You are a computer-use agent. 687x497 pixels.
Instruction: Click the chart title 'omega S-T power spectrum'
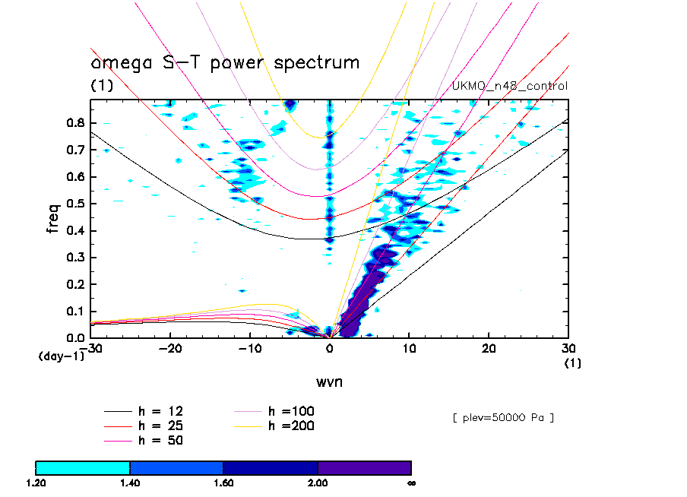tap(225, 63)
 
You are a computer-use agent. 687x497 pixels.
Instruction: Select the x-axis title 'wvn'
tap(329, 381)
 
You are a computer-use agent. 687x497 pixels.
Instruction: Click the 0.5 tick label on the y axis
tap(74, 203)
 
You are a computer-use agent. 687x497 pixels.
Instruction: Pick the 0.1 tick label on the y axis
tap(74, 311)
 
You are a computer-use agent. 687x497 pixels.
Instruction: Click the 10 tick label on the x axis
tap(409, 349)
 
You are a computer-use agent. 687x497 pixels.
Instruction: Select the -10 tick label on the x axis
tap(249, 349)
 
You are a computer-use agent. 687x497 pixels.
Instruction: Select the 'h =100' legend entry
tap(292, 411)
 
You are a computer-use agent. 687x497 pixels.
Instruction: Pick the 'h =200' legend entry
tap(292, 426)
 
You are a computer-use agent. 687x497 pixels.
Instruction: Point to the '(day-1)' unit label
tap(61, 356)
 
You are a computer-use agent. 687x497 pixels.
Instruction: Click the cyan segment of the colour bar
tap(83, 467)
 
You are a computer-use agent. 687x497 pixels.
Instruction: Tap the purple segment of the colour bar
tap(364, 467)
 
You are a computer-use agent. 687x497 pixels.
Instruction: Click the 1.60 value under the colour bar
tap(223, 483)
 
